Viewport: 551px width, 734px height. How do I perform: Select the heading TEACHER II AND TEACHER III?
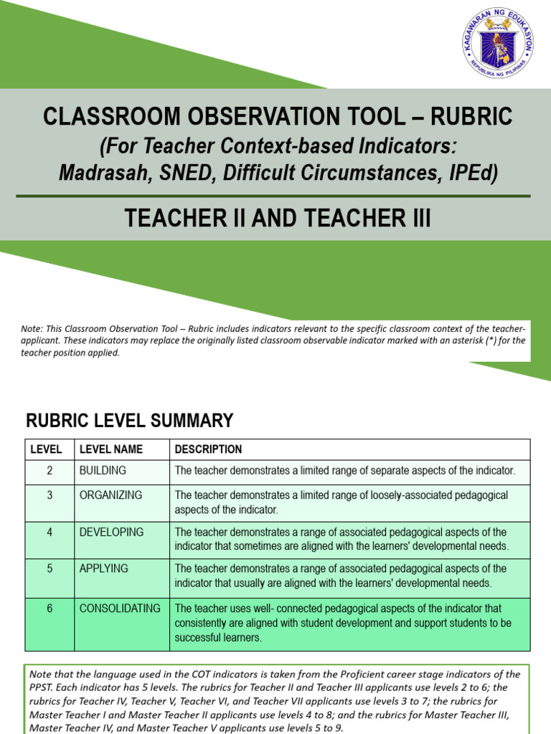(278, 219)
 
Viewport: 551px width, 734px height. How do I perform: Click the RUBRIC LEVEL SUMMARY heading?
(130, 420)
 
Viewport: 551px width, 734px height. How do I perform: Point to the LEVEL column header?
(46, 449)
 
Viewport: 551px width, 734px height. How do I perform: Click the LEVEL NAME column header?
(111, 449)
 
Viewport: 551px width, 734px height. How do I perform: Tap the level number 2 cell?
(50, 471)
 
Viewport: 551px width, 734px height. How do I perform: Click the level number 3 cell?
(50, 495)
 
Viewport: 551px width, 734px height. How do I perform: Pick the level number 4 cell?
(50, 533)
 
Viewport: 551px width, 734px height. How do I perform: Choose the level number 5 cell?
(50, 569)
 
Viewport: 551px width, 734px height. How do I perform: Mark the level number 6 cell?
(50, 609)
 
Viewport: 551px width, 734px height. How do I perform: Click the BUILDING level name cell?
(103, 471)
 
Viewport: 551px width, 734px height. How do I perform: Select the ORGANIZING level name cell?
(110, 495)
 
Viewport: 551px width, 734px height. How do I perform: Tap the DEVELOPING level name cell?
(111, 533)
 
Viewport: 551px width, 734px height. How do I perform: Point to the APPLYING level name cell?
(103, 569)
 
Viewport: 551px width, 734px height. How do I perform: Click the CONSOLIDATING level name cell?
(120, 609)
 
